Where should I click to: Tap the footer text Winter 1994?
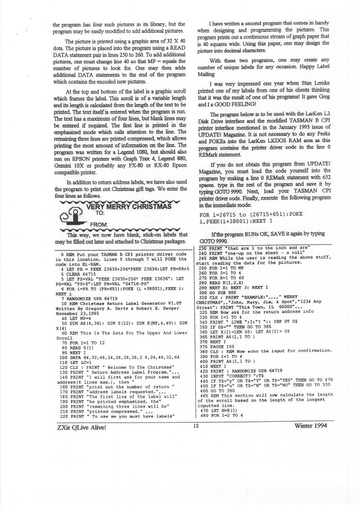pyautogui.click(x=310, y=426)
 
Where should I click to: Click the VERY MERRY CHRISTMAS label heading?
pyautogui.click(x=128, y=206)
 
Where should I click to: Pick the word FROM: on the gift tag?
pyautogui.click(x=99, y=224)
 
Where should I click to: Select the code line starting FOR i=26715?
pyautogui.click(x=251, y=215)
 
